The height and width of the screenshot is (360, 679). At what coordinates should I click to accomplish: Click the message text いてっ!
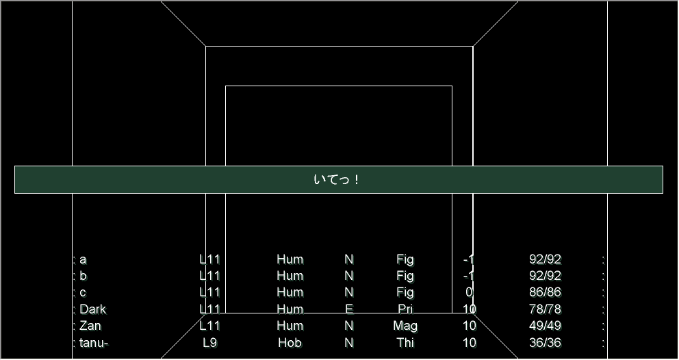coord(336,180)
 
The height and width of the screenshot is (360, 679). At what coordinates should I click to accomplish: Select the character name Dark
coord(92,309)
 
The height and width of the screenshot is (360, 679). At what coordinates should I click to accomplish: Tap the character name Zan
coord(90,326)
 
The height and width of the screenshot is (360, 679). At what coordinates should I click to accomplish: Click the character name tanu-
coord(94,343)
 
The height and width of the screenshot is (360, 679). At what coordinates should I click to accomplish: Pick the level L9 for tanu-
coord(209,343)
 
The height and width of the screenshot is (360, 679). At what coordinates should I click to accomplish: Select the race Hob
coord(290,343)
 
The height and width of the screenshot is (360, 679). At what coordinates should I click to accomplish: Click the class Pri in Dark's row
coord(405,309)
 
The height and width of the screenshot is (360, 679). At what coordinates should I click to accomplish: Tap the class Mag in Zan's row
coord(405,326)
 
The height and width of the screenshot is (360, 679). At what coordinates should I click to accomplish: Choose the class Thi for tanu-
coord(405,343)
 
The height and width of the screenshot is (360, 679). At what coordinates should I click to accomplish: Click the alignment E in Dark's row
coord(349,309)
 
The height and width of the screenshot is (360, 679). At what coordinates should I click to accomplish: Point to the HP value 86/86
coord(545,292)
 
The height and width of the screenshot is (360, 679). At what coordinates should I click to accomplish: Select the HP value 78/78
coord(545,309)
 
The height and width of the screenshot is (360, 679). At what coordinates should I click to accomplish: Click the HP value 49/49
coord(545,326)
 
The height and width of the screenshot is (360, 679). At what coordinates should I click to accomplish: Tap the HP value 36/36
coord(545,343)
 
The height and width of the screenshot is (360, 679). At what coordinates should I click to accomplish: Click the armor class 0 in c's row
coord(469,292)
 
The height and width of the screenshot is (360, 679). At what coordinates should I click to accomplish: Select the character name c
coord(83,292)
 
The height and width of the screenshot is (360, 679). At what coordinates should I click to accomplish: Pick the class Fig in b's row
coord(405,276)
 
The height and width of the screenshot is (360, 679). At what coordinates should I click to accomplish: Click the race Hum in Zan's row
coord(290,326)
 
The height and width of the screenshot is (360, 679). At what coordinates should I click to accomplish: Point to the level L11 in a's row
coord(209,259)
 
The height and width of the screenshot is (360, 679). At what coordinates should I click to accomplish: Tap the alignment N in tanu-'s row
coord(349,343)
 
